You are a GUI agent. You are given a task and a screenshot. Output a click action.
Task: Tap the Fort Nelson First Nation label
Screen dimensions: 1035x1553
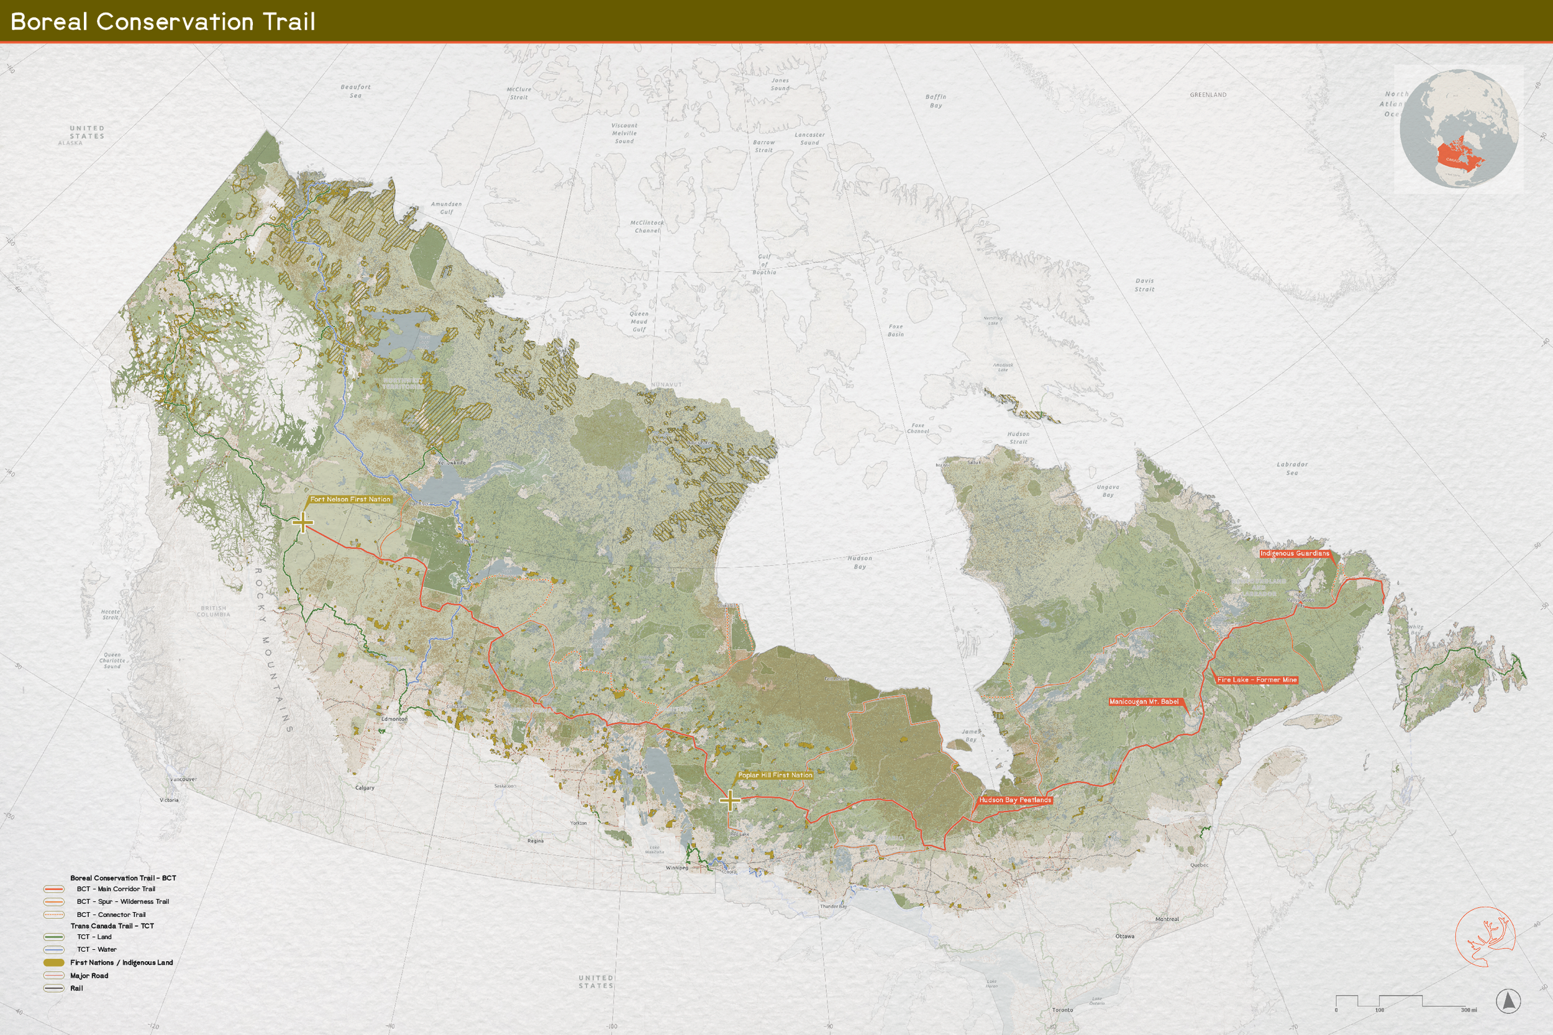(x=350, y=499)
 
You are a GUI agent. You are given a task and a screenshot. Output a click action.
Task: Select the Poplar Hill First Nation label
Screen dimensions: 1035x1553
(x=775, y=775)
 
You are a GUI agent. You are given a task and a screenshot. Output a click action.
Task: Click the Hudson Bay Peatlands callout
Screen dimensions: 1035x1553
(x=1015, y=800)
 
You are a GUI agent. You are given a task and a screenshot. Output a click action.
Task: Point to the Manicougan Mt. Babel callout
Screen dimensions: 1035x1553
(x=1144, y=702)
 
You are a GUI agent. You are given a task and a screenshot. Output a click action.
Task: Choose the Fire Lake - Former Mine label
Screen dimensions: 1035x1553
(x=1257, y=680)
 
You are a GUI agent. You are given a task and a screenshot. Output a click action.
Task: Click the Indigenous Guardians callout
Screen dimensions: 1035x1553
(x=1294, y=553)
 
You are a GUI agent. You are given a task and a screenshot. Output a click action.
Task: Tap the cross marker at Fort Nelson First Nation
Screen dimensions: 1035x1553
(x=303, y=523)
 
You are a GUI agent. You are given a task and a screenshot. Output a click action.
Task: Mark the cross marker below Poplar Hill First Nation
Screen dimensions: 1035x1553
(x=730, y=801)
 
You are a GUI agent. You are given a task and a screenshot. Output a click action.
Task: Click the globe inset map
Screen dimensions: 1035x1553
(x=1459, y=129)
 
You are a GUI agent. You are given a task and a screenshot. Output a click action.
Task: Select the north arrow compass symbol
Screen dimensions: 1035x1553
(x=1508, y=1001)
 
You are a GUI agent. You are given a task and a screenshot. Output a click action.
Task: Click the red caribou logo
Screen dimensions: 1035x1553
(x=1486, y=936)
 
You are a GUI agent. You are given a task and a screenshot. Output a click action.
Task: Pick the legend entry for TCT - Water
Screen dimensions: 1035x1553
(x=96, y=949)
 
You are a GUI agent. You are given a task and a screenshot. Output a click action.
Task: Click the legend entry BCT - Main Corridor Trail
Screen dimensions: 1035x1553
(x=116, y=889)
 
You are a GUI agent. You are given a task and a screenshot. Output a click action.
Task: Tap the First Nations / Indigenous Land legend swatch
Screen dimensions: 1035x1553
(x=54, y=962)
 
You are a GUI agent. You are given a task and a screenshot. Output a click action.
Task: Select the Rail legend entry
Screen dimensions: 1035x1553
(x=76, y=988)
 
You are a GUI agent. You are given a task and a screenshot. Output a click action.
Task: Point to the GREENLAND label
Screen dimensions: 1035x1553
(x=1208, y=95)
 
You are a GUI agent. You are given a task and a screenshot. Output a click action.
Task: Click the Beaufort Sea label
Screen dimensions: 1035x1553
(x=355, y=91)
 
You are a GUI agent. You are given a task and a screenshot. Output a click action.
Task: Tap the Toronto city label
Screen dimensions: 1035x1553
(x=1062, y=1010)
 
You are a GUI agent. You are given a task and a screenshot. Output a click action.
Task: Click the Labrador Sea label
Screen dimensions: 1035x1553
(x=1291, y=468)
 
